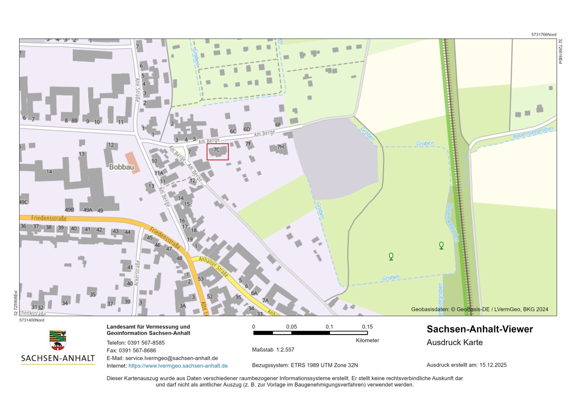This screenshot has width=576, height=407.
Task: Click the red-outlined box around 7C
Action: (217, 152)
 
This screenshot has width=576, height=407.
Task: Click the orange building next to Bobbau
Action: (133, 163)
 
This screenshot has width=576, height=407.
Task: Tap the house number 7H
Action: (281, 146)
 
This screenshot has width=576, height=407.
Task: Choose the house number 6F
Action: (278, 125)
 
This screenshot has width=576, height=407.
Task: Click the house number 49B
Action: (70, 210)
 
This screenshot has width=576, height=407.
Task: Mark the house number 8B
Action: (74, 120)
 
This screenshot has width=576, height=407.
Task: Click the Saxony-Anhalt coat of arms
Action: (58, 340)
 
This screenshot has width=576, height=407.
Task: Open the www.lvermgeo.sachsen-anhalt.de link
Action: (178, 366)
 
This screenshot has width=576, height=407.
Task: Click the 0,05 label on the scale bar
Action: (291, 327)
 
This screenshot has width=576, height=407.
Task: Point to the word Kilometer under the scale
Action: (367, 340)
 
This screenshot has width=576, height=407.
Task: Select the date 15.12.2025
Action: (493, 365)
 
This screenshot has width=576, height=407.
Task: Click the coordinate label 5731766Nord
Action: (544, 35)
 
